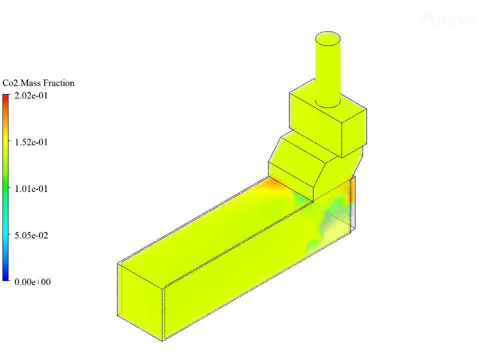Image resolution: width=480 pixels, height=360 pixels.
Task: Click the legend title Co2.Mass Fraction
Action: [x=38, y=83]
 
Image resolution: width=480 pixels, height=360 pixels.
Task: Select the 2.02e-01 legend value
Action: [x=31, y=96]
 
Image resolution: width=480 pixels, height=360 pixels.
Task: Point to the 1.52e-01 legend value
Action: [x=31, y=142]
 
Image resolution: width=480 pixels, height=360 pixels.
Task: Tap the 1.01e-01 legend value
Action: [x=31, y=189]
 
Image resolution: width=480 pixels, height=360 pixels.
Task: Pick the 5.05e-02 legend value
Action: [x=31, y=235]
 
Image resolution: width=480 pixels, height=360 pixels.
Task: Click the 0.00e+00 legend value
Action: [x=32, y=282]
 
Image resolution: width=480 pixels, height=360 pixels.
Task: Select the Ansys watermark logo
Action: [x=448, y=19]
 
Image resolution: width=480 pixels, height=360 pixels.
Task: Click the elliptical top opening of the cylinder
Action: [x=328, y=38]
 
